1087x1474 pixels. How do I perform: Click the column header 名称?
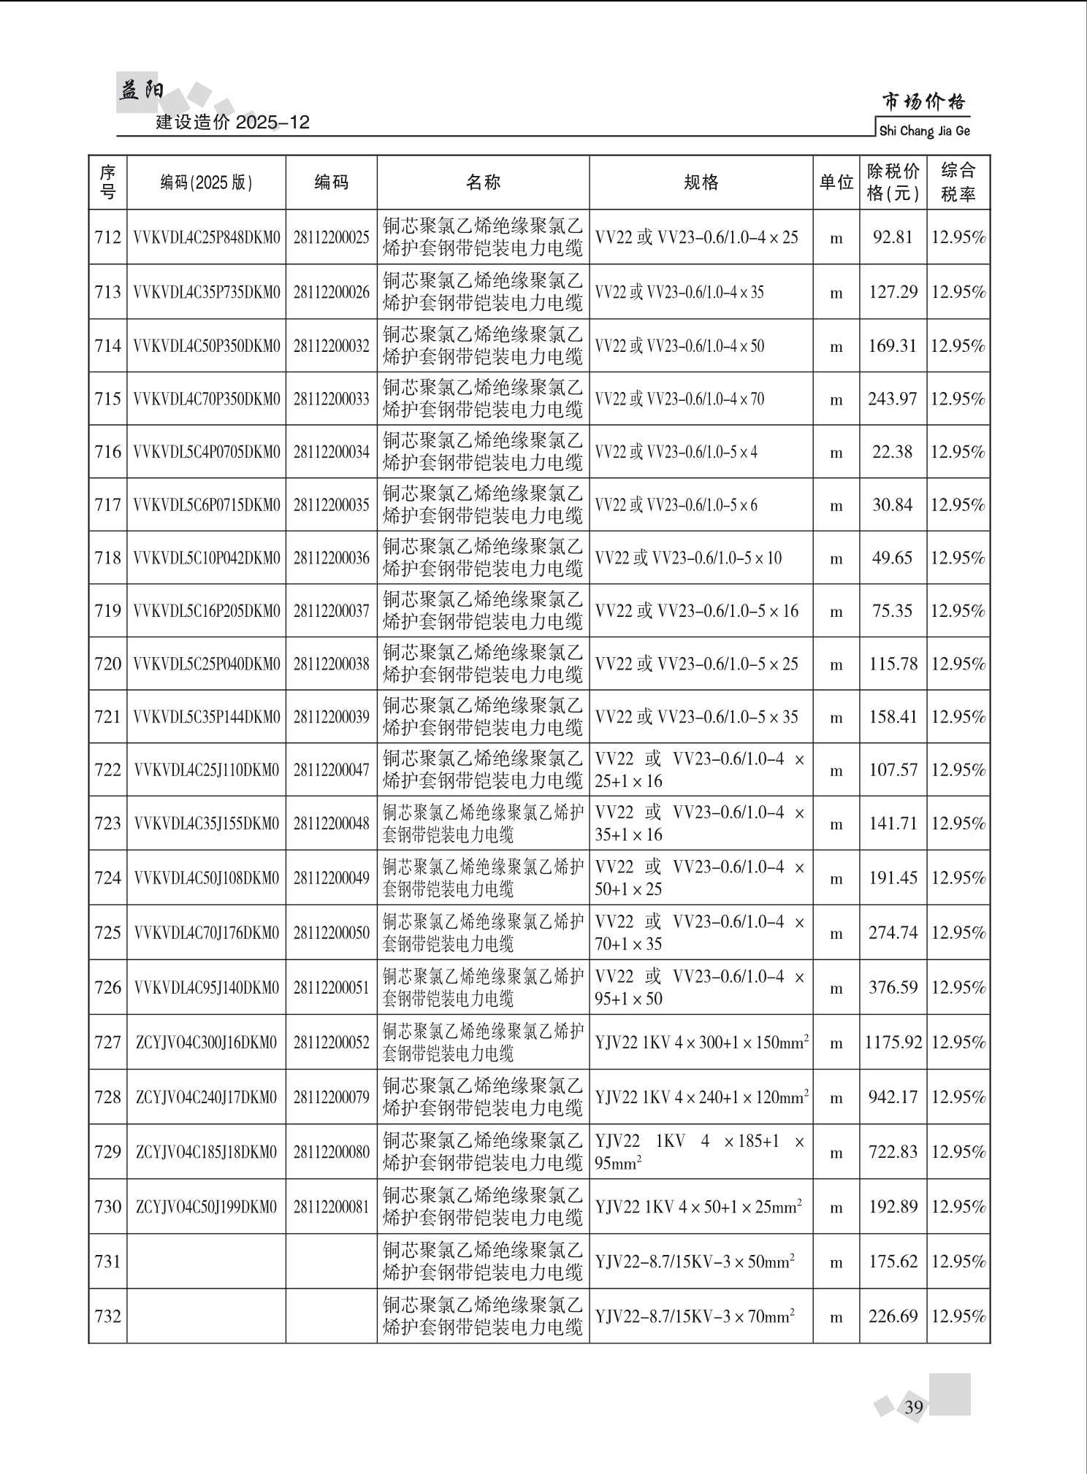[483, 183]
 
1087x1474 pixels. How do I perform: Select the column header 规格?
[701, 183]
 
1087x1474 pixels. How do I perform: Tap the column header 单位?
[836, 183]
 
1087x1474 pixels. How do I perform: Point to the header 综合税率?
[958, 183]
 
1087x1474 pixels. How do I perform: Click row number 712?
[107, 237]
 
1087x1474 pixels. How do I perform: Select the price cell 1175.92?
[893, 1042]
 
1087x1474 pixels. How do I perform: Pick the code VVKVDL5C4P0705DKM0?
[207, 452]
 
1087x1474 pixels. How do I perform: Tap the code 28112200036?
[332, 558]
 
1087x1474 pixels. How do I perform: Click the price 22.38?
[892, 452]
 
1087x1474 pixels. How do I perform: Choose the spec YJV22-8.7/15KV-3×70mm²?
[695, 1316]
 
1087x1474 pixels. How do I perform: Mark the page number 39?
[914, 1408]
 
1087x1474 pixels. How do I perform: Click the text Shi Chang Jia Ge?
[924, 131]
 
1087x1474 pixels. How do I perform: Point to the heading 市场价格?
[923, 102]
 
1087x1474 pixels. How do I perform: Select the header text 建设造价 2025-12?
[233, 123]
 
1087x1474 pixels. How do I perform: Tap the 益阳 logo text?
[140, 91]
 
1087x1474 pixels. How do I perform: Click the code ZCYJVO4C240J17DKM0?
[207, 1097]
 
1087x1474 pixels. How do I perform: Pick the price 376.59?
[893, 988]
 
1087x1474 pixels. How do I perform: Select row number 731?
[107, 1262]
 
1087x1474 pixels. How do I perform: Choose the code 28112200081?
[332, 1207]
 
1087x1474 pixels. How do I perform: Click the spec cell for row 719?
[697, 611]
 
